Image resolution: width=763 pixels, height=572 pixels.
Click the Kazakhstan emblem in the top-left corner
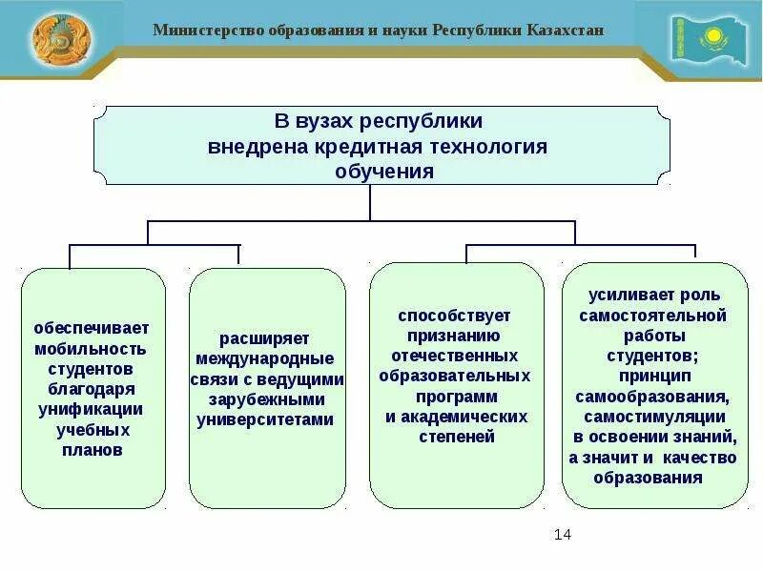(64, 39)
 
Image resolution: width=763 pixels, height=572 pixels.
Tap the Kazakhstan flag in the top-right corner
(708, 40)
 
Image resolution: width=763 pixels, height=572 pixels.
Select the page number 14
(562, 534)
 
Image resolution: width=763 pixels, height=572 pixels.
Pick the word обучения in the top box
(383, 172)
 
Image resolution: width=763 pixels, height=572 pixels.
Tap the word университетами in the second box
(265, 419)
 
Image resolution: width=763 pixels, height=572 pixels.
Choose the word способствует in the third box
(455, 315)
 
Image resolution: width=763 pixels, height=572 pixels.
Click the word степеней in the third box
(457, 437)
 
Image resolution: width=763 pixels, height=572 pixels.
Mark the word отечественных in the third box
(456, 356)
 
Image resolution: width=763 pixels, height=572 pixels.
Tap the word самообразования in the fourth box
(653, 397)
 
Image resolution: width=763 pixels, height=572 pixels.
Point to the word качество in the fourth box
(704, 458)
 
